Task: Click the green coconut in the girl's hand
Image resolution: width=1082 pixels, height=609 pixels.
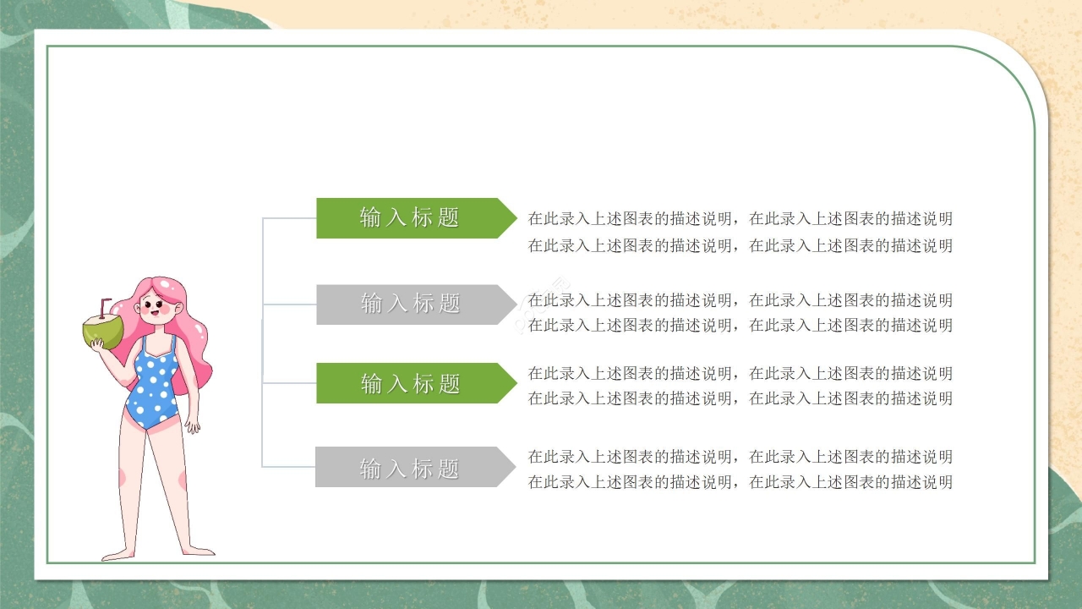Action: (102, 331)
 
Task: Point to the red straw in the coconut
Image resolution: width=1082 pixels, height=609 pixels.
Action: (104, 305)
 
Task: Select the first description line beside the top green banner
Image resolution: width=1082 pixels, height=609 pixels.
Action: (740, 219)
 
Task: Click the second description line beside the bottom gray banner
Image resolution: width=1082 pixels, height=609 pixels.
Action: (740, 482)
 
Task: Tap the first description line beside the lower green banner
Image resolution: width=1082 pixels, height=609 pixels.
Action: (740, 373)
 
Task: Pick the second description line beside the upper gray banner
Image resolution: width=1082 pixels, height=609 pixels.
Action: (740, 325)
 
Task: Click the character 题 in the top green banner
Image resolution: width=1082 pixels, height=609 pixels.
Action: (449, 218)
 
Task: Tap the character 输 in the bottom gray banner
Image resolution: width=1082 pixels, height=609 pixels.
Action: (370, 468)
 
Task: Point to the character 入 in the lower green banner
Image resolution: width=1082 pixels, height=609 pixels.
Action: (396, 384)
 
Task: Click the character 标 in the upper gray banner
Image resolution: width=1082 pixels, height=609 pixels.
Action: (424, 304)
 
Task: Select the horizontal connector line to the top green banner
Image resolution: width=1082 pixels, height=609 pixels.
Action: (289, 218)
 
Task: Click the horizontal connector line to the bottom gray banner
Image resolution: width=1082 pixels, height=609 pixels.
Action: (288, 467)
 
